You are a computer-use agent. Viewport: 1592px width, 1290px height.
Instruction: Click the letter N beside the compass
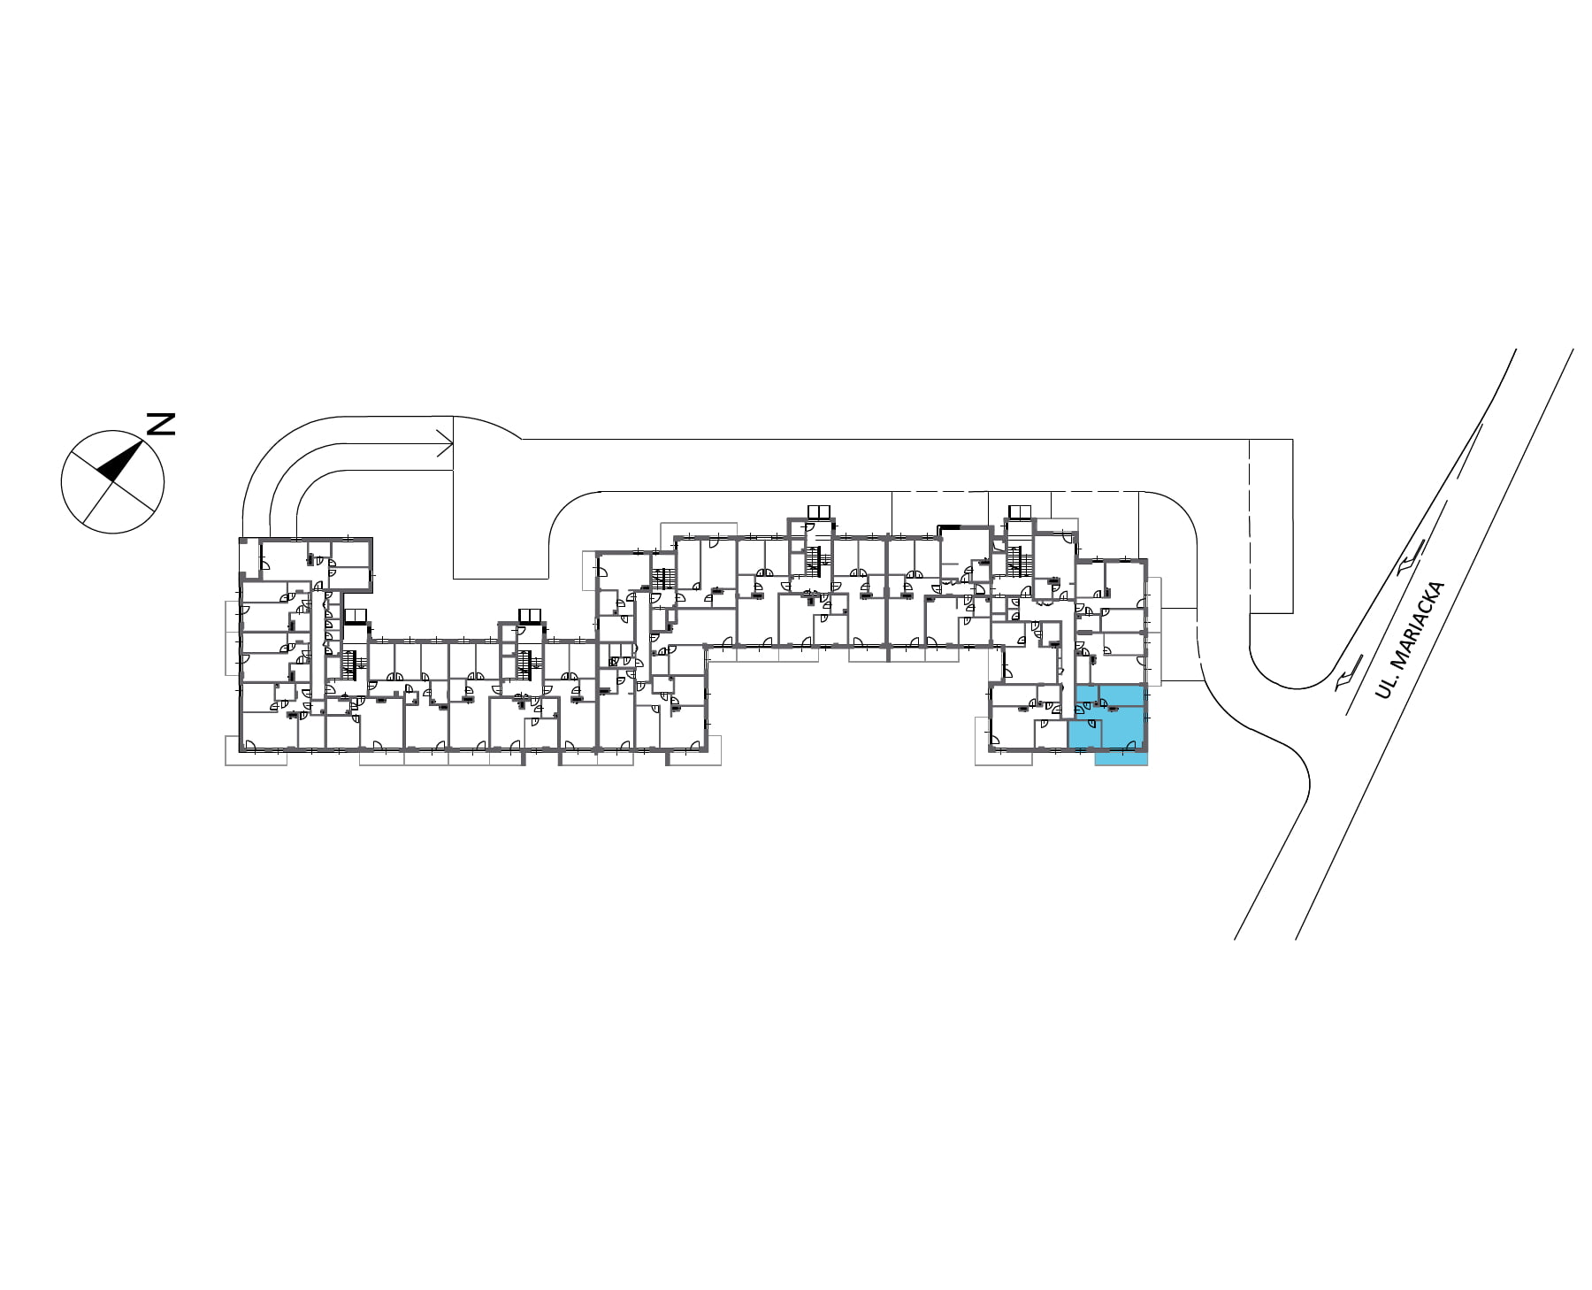pyautogui.click(x=160, y=424)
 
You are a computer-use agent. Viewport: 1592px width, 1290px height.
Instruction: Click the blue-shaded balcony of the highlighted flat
pyautogui.click(x=1121, y=758)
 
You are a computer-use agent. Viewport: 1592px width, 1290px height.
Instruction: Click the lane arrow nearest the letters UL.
pyautogui.click(x=1348, y=678)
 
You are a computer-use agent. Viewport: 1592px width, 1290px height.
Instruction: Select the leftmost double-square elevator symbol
pyautogui.click(x=355, y=616)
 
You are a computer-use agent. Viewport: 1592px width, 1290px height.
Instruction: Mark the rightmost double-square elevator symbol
pyautogui.click(x=1020, y=512)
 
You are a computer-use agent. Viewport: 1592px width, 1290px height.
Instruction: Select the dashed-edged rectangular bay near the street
pyautogui.click(x=1271, y=526)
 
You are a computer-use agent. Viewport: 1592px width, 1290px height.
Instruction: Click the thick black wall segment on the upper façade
pyautogui.click(x=951, y=527)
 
